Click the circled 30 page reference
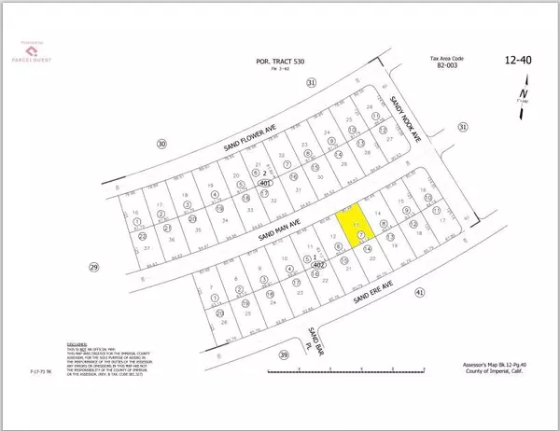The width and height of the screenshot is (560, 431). pos(161,144)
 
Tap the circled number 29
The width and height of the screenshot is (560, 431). pos(93,268)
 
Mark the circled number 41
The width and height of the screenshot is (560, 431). pos(420,293)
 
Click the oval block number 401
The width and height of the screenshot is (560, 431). pos(266,184)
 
